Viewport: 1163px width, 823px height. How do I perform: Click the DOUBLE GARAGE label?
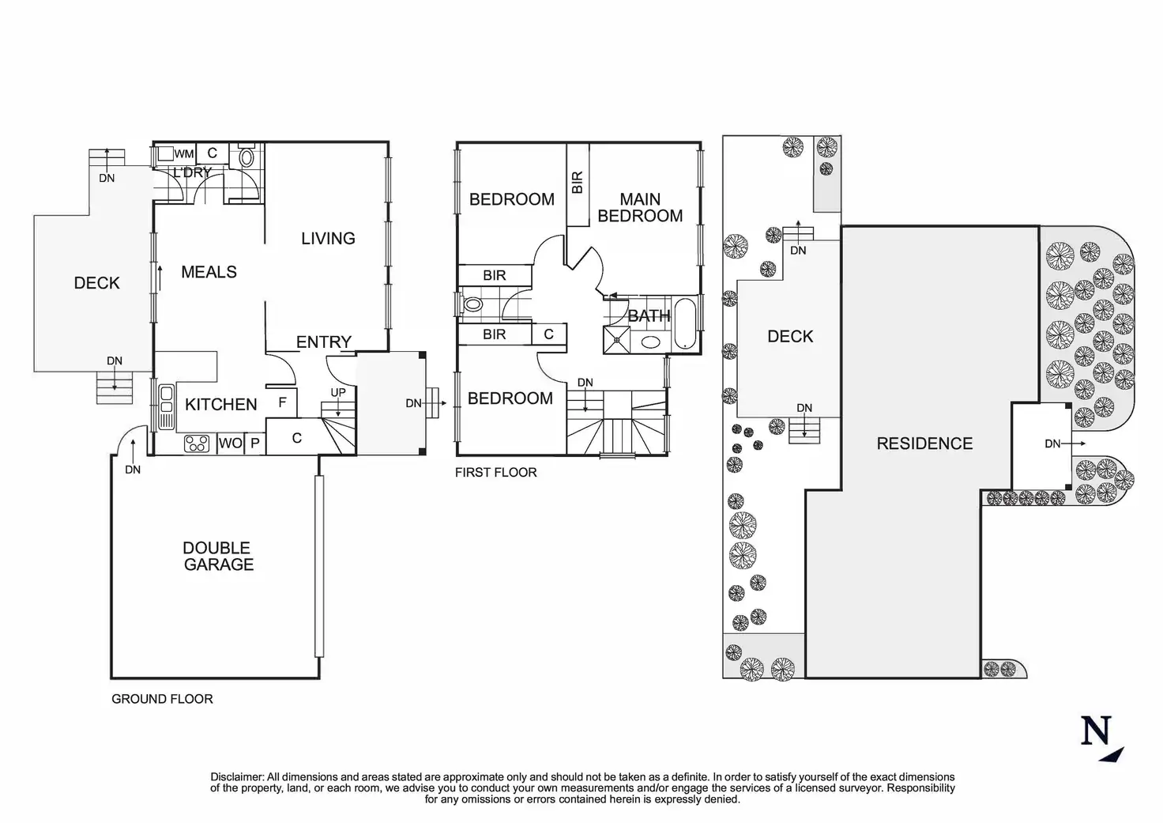point(218,556)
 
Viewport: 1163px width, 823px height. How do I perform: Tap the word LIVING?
point(328,239)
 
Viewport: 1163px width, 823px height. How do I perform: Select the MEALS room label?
point(209,272)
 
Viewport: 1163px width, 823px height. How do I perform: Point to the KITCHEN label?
point(220,404)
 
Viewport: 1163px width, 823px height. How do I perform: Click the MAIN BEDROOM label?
point(640,207)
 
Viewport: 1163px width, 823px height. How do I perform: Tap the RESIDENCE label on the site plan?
point(924,444)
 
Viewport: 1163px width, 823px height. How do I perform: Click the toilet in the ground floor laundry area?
point(247,155)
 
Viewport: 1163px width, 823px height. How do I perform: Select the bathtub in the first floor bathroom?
point(685,323)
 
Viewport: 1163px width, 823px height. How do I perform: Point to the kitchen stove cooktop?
point(197,444)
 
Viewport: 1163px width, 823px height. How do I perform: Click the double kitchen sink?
point(166,407)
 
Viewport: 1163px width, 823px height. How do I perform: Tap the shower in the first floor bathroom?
point(617,340)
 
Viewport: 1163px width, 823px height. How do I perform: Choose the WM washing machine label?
point(184,154)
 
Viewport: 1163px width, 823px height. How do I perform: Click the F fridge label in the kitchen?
point(282,402)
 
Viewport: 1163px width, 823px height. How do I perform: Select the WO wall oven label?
point(231,444)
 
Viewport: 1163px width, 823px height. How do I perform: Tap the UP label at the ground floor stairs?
point(338,392)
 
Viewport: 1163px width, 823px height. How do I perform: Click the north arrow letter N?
point(1096,730)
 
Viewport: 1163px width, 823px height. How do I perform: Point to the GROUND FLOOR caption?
point(162,699)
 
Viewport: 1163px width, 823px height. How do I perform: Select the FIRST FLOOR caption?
point(496,472)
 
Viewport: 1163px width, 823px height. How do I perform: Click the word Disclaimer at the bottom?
point(237,777)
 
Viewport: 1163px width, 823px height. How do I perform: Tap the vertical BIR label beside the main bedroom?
point(578,183)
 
